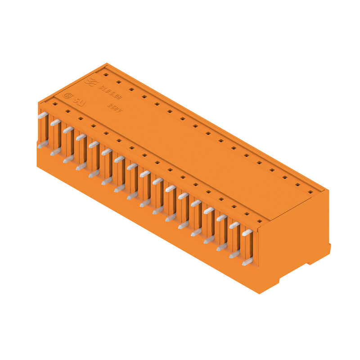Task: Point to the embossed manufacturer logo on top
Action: pyautogui.click(x=89, y=81)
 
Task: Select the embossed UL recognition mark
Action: pyautogui.click(x=79, y=102)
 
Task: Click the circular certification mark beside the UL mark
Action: pyautogui.click(x=68, y=95)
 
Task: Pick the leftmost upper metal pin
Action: pyautogui.click(x=42, y=116)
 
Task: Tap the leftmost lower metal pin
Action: pyautogui.click(x=42, y=144)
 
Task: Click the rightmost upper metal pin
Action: pyautogui.click(x=247, y=233)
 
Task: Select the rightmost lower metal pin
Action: pyautogui.click(x=247, y=261)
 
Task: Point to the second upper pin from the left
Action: pyautogui.click(x=55, y=122)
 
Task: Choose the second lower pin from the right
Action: pyautogui.click(x=234, y=254)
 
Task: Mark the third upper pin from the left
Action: pyautogui.click(x=68, y=130)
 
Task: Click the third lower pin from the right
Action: pyautogui.click(x=222, y=247)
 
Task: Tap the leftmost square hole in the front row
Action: pyautogui.click(x=54, y=104)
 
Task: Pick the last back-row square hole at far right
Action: pyautogui.click(x=310, y=192)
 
